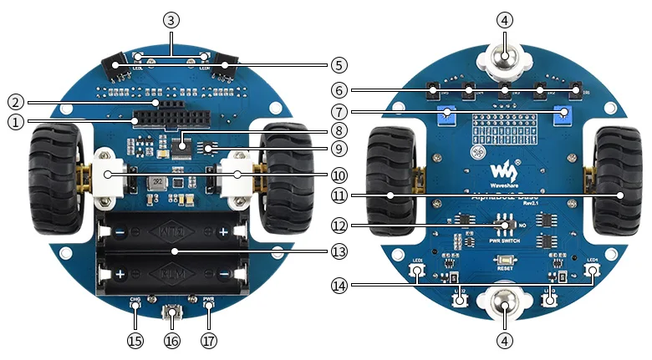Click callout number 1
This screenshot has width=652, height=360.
[16, 121]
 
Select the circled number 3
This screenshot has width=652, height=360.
[171, 19]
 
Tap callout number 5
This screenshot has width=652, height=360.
[337, 63]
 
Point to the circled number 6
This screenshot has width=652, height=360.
[337, 89]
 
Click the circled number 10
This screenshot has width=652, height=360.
[337, 175]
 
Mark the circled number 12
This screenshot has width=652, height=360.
[337, 226]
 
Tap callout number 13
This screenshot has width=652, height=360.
[337, 251]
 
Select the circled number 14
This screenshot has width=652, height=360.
[337, 286]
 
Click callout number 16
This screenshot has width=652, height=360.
[172, 341]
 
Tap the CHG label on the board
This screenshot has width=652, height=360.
[135, 299]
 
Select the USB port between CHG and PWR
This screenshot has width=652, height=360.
[172, 314]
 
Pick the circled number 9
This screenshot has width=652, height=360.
[337, 150]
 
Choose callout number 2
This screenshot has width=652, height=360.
[16, 103]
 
